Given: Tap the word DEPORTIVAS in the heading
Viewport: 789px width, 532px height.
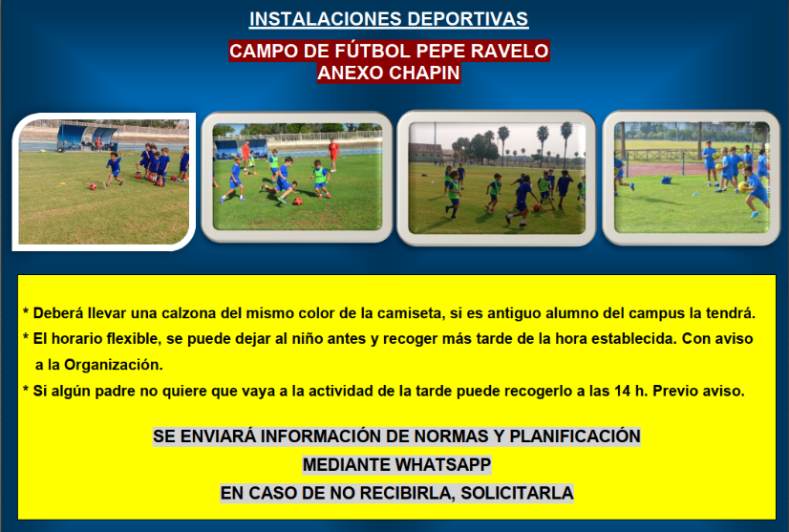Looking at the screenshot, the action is pyautogui.click(x=468, y=19).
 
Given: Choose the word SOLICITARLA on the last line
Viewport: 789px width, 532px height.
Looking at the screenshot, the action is pyautogui.click(x=517, y=493).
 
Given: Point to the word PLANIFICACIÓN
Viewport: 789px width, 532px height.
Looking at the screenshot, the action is pyautogui.click(x=575, y=436).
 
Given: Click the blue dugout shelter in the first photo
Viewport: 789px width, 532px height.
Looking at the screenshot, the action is pyautogui.click(x=88, y=137).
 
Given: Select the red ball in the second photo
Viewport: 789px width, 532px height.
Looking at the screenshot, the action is pyautogui.click(x=298, y=202).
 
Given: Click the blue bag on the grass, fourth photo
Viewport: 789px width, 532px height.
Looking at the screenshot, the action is pyautogui.click(x=666, y=180).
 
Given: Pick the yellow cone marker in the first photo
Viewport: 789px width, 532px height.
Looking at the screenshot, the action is pyautogui.click(x=63, y=183).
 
